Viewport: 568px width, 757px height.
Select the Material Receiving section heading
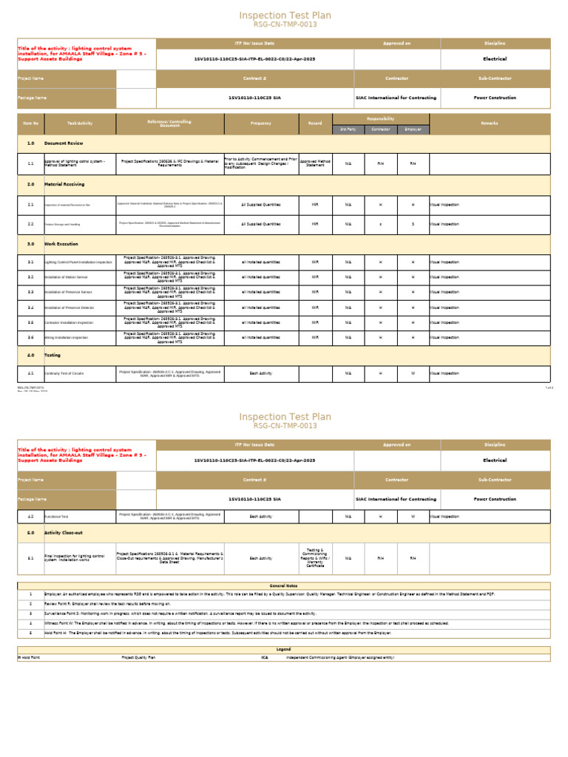[x=64, y=185]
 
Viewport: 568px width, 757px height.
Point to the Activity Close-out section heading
[x=66, y=532]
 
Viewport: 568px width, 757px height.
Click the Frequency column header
[x=260, y=123]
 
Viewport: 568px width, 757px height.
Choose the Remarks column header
[x=490, y=123]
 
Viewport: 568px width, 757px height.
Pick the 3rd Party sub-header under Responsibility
[x=348, y=129]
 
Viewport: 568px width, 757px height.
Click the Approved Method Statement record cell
[x=315, y=163]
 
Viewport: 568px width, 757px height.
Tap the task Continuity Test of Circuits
[x=64, y=373]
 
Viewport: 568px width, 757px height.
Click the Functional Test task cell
[x=58, y=517]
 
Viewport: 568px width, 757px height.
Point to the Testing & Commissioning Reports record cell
[x=315, y=558]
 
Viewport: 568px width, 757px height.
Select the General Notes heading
[x=283, y=585]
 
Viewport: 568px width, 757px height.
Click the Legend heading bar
[x=283, y=649]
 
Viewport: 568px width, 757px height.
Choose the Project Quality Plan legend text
[x=138, y=656]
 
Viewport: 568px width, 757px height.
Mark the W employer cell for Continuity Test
[x=413, y=373]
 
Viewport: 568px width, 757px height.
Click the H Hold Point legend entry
[x=30, y=656]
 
